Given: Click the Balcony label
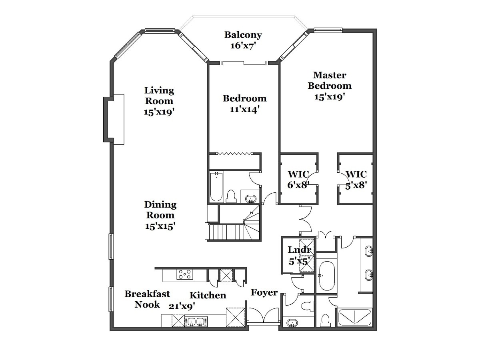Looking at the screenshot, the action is tap(243, 35).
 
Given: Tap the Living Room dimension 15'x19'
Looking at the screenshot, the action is tap(159, 112).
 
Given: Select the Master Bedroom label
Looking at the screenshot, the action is tap(330, 80).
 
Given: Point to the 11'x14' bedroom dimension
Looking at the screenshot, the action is tap(244, 109).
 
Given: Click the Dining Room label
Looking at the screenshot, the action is tap(160, 210).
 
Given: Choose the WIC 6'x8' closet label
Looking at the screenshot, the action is tap(298, 180).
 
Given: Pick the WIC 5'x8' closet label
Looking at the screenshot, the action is tap(356, 180).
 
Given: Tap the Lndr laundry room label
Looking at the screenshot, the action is tap(299, 250).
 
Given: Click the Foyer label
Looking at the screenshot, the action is tap(264, 292).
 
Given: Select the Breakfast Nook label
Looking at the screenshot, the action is tap(147, 299).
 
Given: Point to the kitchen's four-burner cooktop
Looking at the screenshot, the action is tap(185, 274).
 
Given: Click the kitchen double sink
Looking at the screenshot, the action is tap(196, 322).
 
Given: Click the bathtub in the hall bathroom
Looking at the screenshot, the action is tap(216, 187).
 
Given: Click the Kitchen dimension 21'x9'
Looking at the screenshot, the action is tap(182, 306).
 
